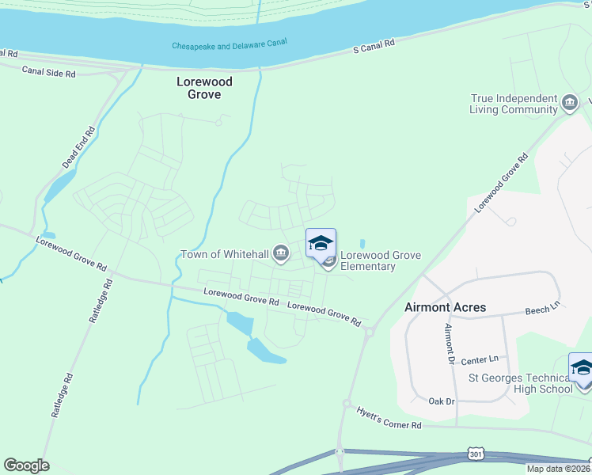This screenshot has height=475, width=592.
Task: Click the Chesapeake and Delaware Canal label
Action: tap(230, 45)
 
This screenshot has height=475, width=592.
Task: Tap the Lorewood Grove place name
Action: tap(198, 87)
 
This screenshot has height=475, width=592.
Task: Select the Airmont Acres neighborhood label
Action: tap(445, 307)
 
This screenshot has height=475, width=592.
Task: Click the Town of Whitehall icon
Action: tap(280, 254)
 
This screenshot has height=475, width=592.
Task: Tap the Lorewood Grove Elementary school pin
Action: tap(321, 243)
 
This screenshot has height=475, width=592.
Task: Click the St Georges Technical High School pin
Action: tap(582, 369)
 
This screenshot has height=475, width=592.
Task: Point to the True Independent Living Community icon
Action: tap(569, 104)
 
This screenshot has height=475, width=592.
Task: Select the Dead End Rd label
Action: tap(78, 147)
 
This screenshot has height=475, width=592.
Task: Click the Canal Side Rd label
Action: tap(49, 72)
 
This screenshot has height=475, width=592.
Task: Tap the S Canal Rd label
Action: tap(374, 48)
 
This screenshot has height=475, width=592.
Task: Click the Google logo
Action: tap(26, 465)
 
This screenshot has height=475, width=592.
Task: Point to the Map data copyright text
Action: tap(559, 469)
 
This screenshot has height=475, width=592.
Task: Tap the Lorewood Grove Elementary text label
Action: tap(380, 260)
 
